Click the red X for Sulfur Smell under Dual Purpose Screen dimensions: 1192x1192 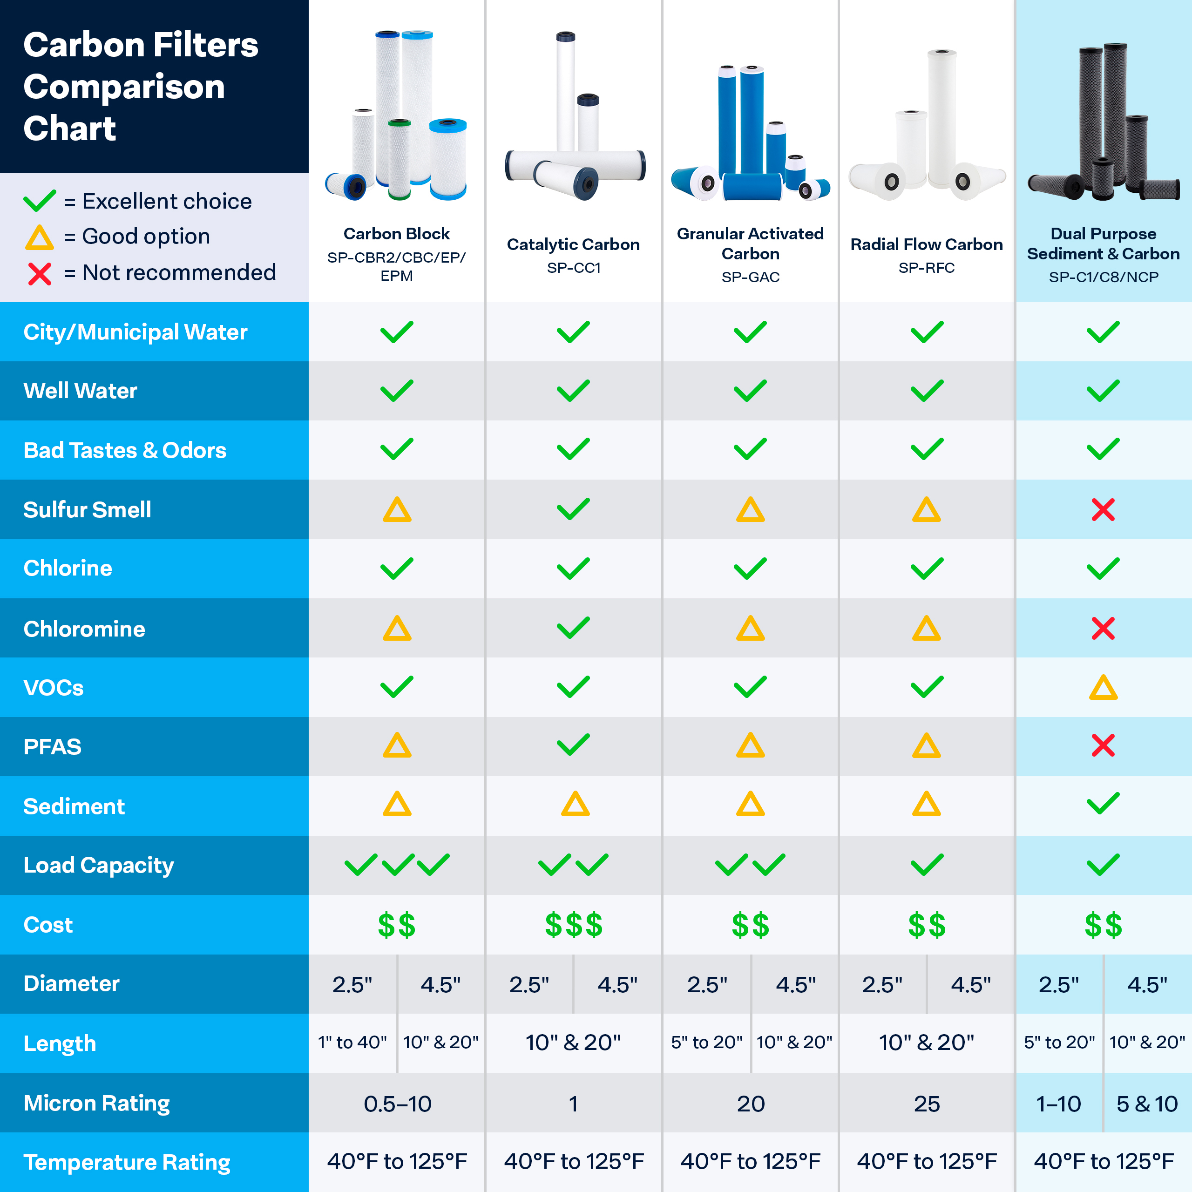pos(1103,509)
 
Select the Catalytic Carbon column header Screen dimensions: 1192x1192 pos(573,244)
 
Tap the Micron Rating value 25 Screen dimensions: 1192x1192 pos(926,1103)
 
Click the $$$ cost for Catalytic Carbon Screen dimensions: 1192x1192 pos(573,925)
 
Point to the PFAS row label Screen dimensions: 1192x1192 pos(53,746)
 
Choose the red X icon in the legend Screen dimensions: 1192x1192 pos(40,273)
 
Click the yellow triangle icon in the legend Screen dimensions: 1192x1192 pos(40,237)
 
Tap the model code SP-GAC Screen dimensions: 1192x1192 pos(750,277)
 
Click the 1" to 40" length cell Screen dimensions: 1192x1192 pos(352,1043)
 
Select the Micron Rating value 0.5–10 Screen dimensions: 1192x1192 pos(397,1103)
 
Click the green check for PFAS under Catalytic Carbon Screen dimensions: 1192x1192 pos(573,745)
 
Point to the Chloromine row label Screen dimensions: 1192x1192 pos(85,629)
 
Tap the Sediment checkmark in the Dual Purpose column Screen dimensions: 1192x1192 pos(1103,804)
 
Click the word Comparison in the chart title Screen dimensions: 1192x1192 pos(124,87)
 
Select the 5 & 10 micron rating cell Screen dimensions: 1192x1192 pos(1147,1103)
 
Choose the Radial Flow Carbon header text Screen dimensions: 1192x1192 pos(926,244)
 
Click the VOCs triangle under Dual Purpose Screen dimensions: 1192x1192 pos(1103,687)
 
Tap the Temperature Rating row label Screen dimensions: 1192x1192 pos(127,1162)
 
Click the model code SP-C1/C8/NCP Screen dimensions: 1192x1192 pos(1103,277)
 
